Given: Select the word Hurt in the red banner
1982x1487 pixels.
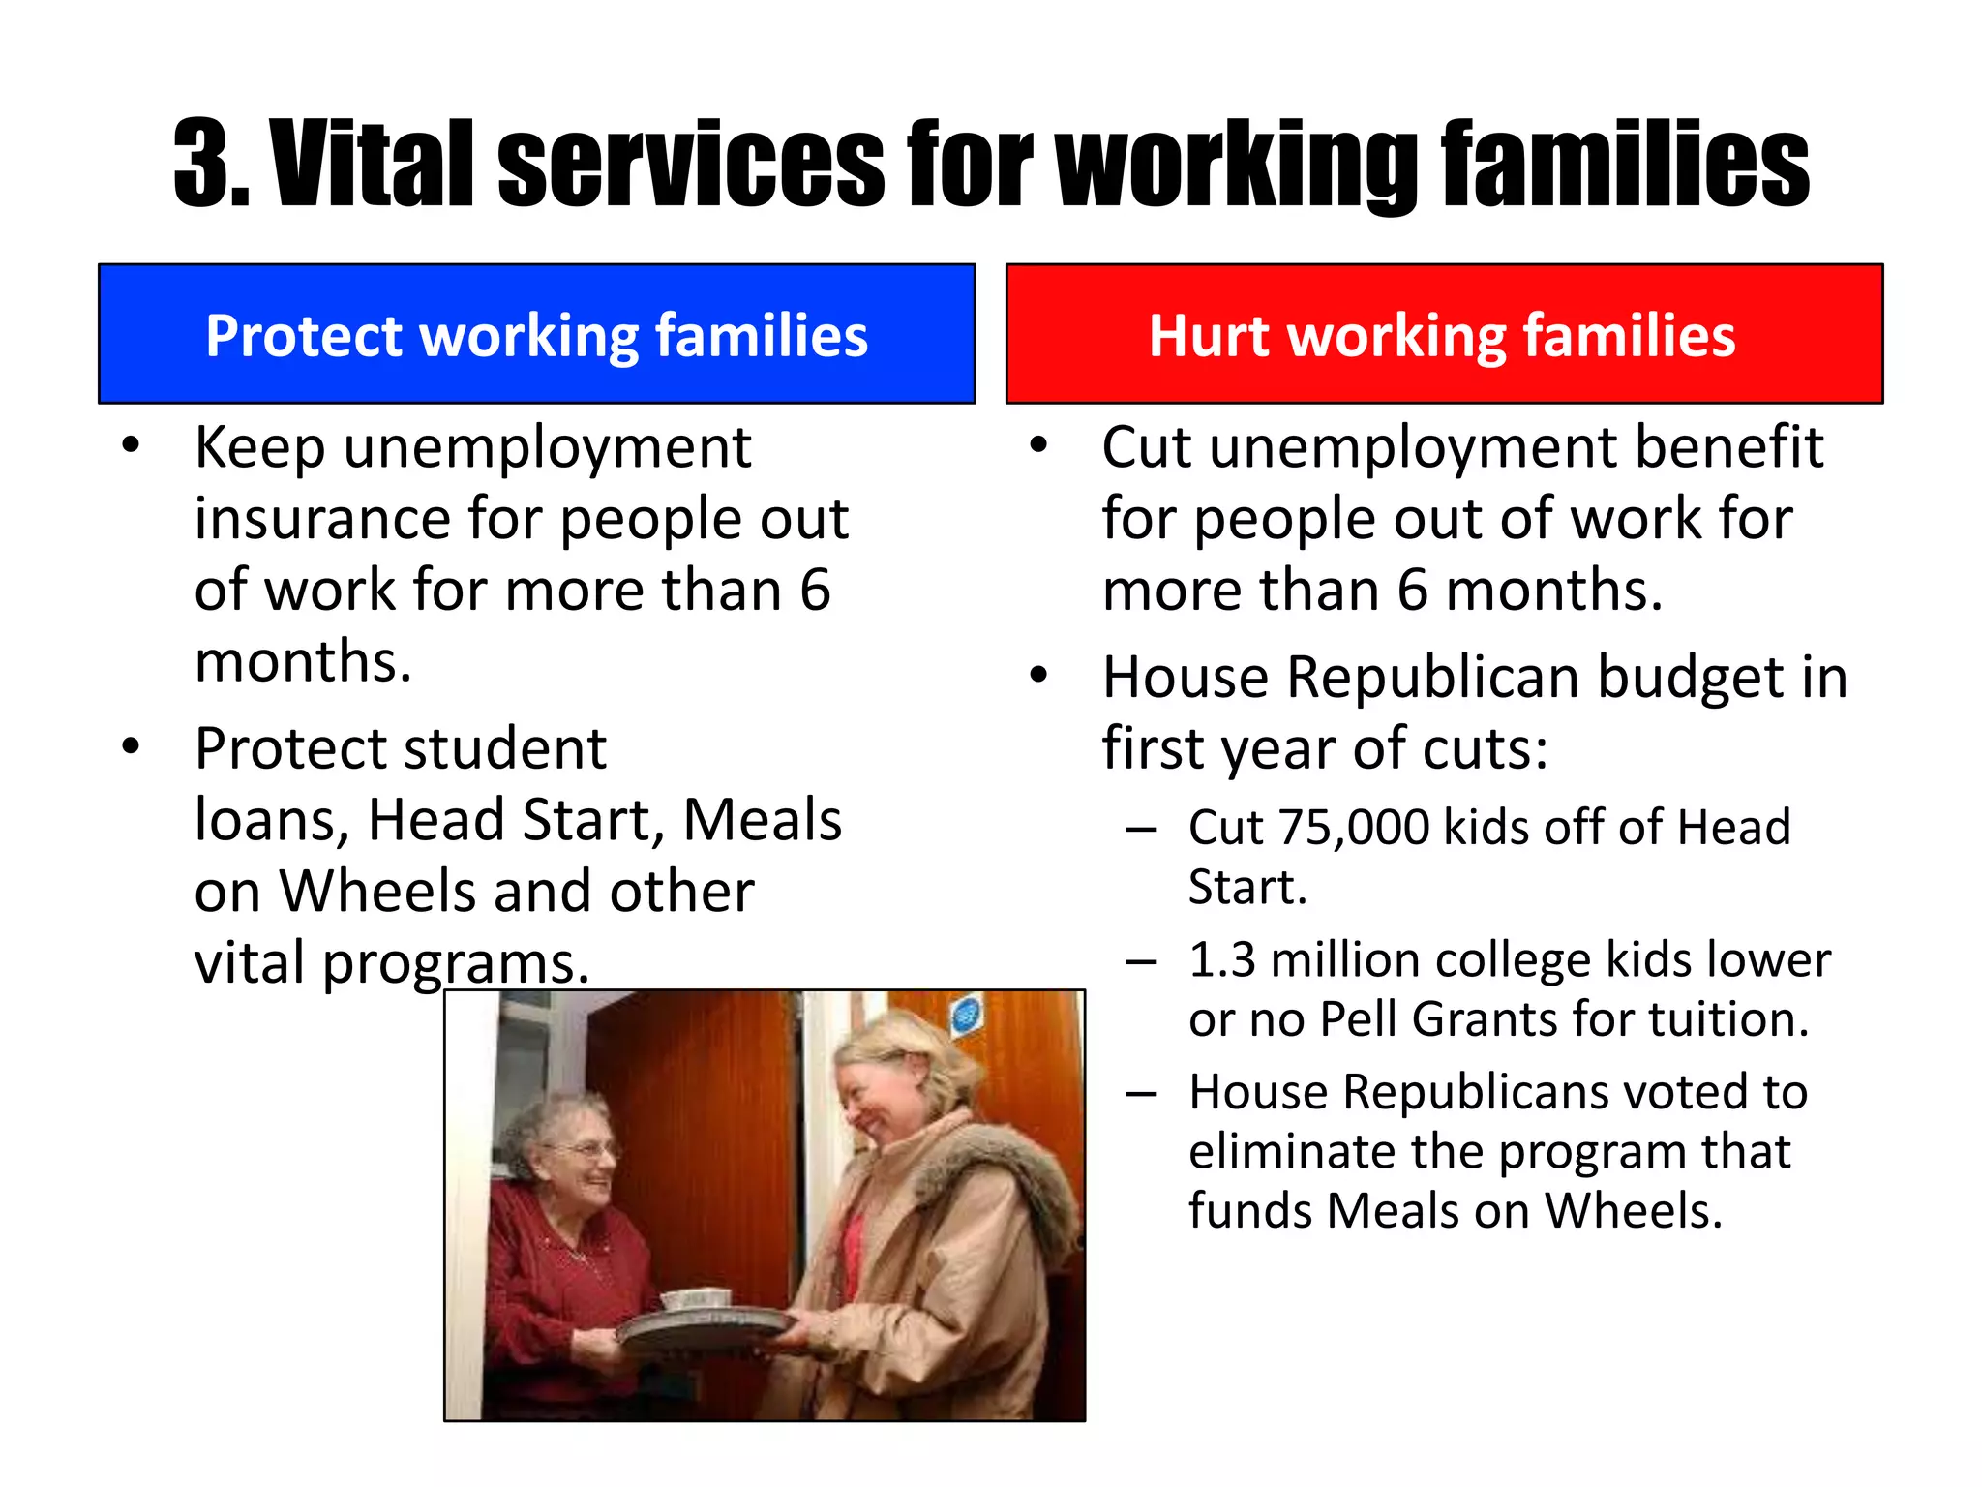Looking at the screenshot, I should [x=1208, y=336].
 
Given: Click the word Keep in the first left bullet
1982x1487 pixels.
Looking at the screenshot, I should [x=259, y=448].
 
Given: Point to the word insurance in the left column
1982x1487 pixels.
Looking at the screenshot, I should [x=322, y=519].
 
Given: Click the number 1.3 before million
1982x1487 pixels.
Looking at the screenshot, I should [x=1221, y=960].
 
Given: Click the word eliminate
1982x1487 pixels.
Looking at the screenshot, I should [x=1291, y=1152].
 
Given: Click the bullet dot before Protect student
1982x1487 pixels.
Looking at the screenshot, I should [x=132, y=746].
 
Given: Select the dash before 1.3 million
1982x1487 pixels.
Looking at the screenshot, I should [x=1141, y=961].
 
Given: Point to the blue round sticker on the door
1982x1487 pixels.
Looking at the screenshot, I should [x=965, y=1016].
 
